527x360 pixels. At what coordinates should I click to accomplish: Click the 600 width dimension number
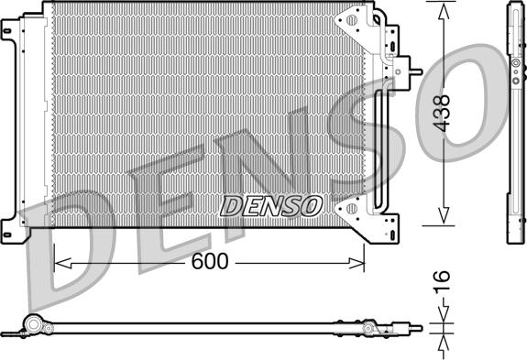210,262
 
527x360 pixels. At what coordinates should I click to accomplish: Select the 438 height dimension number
443,114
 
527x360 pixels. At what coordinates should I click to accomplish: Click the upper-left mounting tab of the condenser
8,35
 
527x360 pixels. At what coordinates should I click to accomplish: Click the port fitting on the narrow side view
515,66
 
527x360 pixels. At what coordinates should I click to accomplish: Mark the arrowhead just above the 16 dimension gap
443,316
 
